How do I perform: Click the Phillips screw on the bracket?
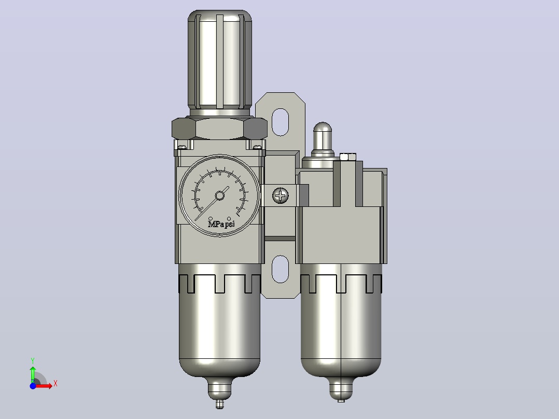coord(281,195)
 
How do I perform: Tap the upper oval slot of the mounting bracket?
coord(280,122)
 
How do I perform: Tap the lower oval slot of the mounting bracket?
coord(280,269)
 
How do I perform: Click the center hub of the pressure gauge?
coord(220,195)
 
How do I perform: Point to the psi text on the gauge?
coord(230,224)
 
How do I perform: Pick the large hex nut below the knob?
coord(220,129)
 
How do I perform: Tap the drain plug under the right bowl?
coord(341,391)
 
